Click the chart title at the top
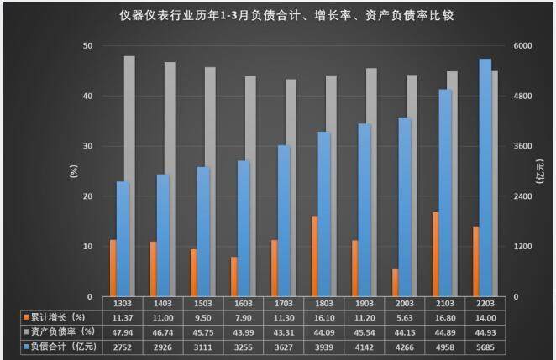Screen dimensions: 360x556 click(x=277, y=16)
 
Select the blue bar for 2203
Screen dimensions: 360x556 click(x=485, y=177)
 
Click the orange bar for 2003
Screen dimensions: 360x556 click(x=396, y=282)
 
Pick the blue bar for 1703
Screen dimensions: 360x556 click(x=284, y=221)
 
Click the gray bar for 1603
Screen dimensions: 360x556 click(x=250, y=186)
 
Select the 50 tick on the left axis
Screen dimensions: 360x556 click(x=87, y=45)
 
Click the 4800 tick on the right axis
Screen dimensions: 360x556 click(x=523, y=96)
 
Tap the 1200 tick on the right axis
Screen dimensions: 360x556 click(x=523, y=247)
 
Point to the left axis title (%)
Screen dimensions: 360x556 click(x=72, y=171)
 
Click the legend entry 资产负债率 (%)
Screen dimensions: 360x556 click(x=57, y=332)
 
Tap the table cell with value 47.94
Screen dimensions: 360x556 click(x=123, y=332)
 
